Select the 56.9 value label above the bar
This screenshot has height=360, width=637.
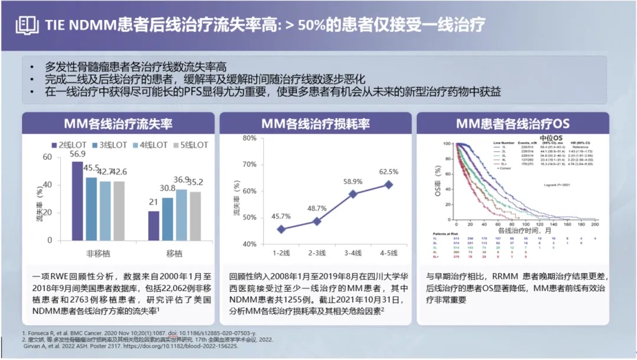77,154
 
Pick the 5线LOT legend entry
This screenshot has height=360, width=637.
190,145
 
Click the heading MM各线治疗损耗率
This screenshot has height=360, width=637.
316,124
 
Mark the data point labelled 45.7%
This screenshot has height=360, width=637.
280,229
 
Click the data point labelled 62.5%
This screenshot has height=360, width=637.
388,184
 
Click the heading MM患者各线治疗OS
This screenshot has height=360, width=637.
513,124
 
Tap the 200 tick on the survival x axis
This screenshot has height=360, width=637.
595,225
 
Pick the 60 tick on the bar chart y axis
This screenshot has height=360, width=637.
47,157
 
